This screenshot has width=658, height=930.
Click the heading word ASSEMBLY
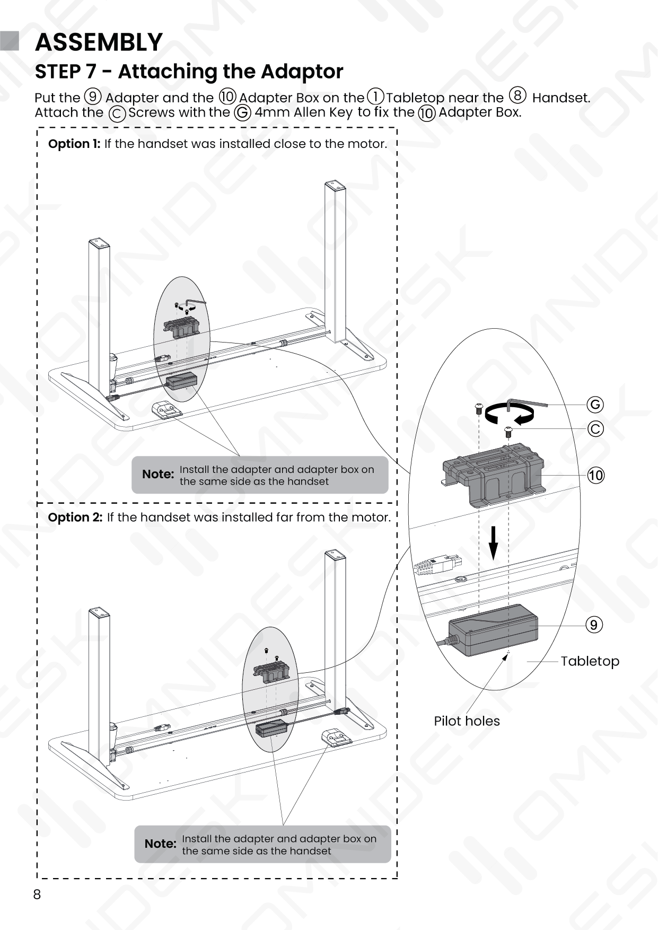coord(99,42)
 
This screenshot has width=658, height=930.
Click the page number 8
coord(37,894)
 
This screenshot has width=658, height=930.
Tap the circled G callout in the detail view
coord(595,405)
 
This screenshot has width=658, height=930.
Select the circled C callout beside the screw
coord(595,428)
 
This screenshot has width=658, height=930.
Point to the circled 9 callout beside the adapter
coord(594,625)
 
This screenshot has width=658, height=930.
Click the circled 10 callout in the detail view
coord(596,476)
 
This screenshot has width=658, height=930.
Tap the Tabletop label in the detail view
coord(590,661)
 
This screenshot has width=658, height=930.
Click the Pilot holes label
coord(467,721)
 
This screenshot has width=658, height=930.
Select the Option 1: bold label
coord(74,144)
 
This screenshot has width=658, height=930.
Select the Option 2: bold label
coord(75,517)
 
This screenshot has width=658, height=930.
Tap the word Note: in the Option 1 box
coord(158,474)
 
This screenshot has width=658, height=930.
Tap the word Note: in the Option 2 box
coord(160,844)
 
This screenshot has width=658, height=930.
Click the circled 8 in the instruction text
coord(517,96)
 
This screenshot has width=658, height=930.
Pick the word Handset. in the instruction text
coord(560,98)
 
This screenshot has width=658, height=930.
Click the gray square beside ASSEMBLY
coord(10,41)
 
